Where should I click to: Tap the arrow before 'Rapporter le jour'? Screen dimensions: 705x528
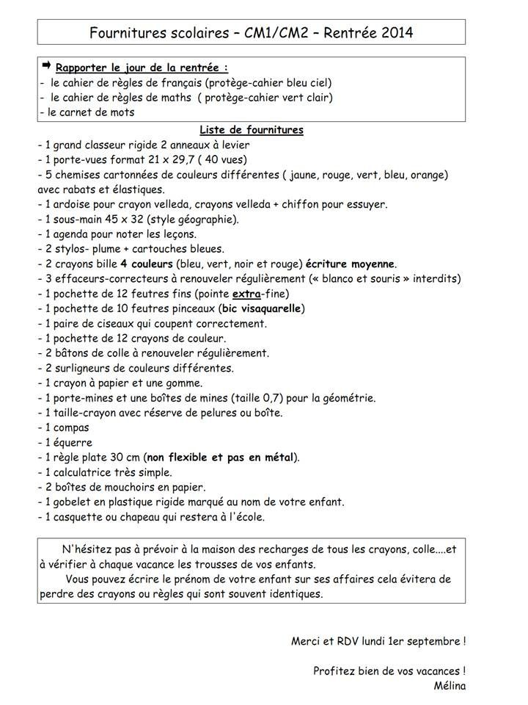click(x=46, y=67)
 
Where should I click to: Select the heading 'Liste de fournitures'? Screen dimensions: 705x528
click(x=252, y=130)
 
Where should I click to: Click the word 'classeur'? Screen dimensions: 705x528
click(x=111, y=145)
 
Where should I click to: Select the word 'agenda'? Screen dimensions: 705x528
click(x=73, y=234)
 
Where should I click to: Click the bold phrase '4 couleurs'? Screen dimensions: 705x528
click(x=147, y=264)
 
